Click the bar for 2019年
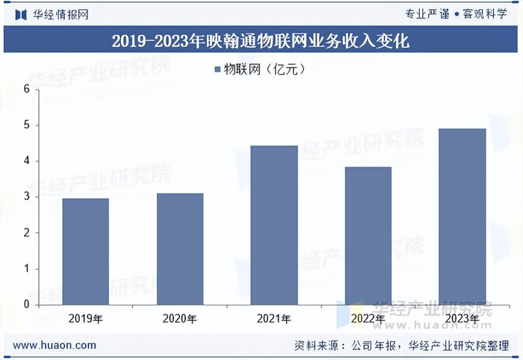pos(85,251)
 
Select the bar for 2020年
pos(179,249)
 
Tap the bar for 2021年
pos(274,225)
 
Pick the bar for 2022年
pos(368,235)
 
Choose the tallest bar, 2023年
pos(462,217)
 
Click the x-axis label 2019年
pos(85,320)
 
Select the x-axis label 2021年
pos(274,320)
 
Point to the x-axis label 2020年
pos(179,320)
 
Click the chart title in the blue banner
pos(261,40)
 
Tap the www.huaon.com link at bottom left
pos(55,345)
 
